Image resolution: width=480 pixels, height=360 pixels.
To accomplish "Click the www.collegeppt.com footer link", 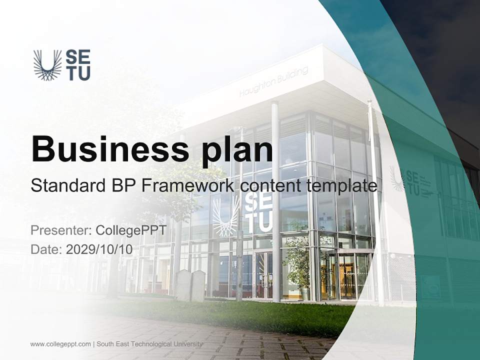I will [60, 344].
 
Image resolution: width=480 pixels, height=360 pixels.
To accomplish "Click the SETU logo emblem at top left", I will [47, 65].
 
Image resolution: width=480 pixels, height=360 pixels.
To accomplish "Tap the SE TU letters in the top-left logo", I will [78, 65].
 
